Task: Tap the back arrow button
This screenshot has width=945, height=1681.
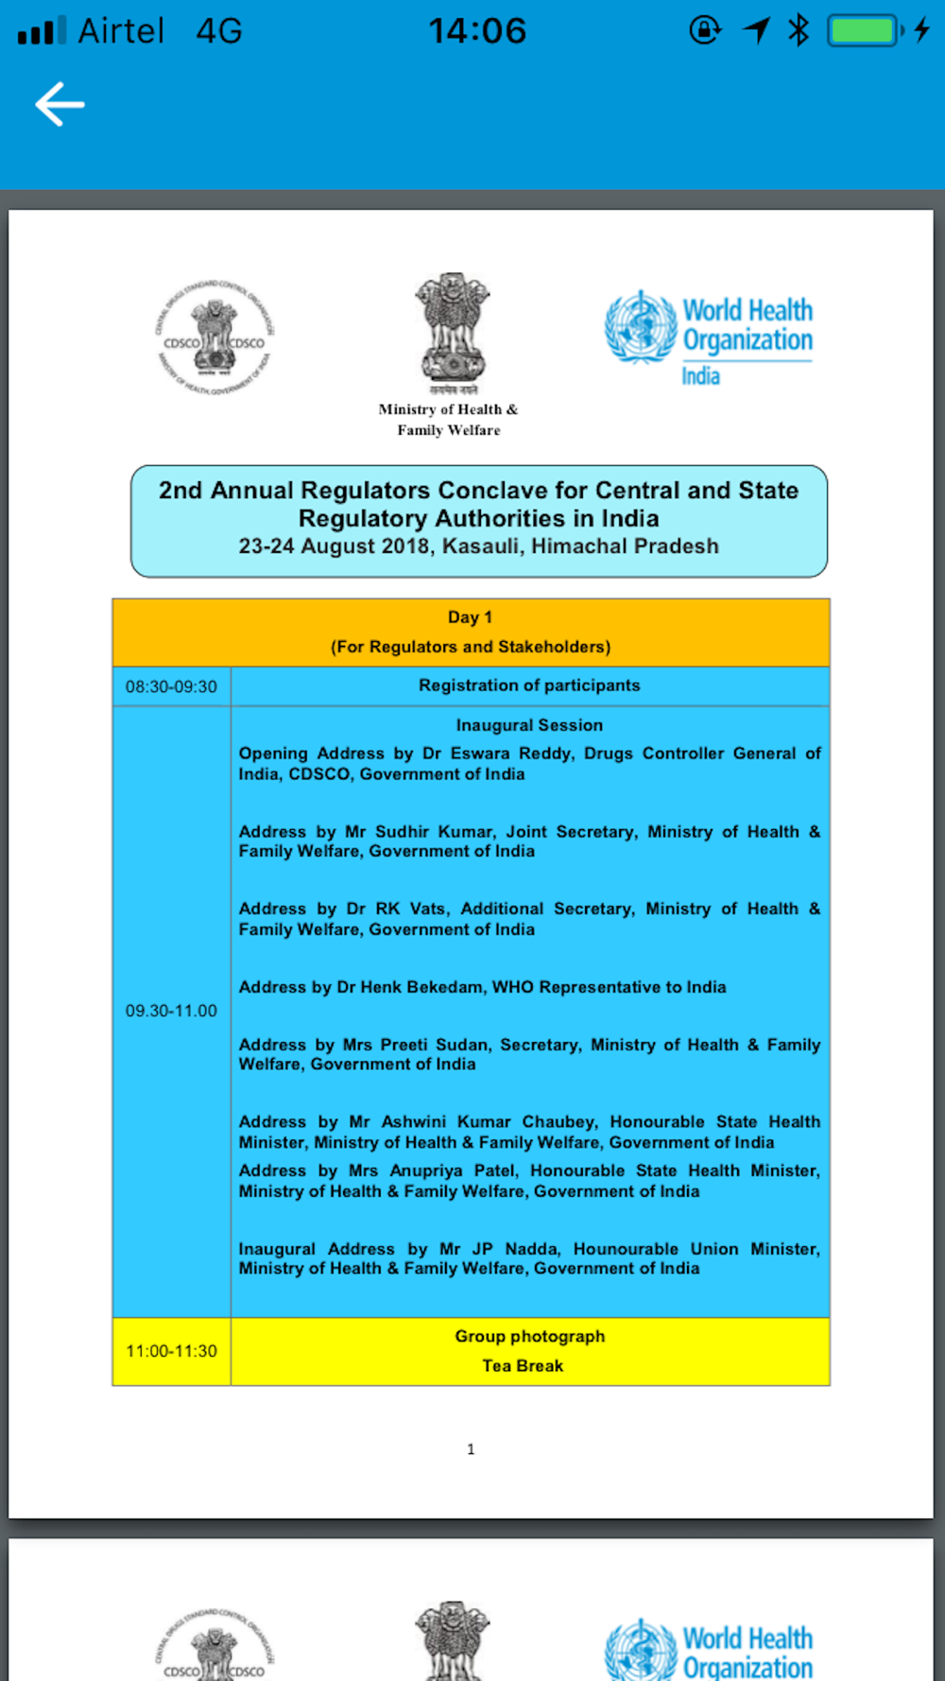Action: coord(60,104)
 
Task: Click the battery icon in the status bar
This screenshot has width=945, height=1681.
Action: coord(864,31)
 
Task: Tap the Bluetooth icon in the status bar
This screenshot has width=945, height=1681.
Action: coord(799,30)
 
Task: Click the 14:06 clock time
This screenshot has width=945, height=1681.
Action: coord(477,31)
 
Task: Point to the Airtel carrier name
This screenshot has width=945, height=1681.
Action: coord(121,31)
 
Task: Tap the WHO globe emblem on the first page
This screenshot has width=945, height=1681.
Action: coord(642,327)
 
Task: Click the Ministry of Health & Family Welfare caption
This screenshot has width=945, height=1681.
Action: coord(448,420)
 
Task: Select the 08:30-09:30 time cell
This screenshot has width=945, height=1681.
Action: coord(171,686)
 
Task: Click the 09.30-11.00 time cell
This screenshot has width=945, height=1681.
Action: coord(171,1011)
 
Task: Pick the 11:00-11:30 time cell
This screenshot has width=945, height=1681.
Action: coord(171,1351)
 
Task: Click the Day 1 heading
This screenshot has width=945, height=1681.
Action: coord(470,617)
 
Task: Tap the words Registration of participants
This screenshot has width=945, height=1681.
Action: coord(529,685)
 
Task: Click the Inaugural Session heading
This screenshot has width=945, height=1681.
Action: coord(529,725)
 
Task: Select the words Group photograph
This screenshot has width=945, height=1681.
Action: coord(529,1336)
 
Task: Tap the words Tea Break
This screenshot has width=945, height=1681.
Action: coord(523,1366)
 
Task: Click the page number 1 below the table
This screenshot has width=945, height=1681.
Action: coord(471,1449)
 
